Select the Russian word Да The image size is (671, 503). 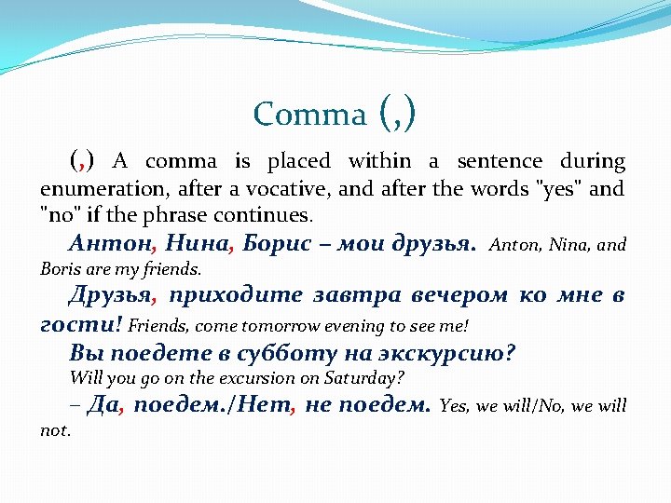point(103,405)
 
